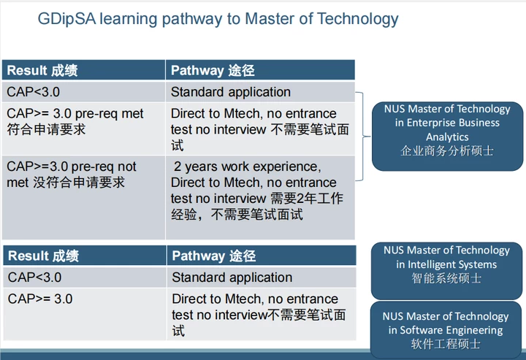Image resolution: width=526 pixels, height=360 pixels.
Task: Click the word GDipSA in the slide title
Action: (66, 19)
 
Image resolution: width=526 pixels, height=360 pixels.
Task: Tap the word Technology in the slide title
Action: (357, 19)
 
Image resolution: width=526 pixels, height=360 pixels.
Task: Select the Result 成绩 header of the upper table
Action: (42, 70)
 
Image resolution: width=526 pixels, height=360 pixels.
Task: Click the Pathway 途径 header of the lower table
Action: (213, 256)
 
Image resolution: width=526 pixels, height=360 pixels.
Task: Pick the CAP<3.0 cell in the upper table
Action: (33, 92)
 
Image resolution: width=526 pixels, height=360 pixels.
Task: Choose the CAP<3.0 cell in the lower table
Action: (34, 277)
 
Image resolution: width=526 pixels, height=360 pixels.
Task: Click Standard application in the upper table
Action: (230, 92)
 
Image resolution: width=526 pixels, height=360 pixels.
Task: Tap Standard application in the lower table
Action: (232, 277)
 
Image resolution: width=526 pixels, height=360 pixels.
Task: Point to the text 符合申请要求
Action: (46, 129)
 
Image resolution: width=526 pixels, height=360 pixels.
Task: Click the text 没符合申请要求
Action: (79, 183)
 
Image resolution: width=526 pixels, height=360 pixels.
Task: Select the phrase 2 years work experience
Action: (247, 166)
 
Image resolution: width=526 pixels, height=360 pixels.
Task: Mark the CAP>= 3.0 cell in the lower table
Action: (40, 299)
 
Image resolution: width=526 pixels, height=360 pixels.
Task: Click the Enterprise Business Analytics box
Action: (447, 137)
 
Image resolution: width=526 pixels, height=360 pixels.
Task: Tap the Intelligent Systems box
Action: (446, 270)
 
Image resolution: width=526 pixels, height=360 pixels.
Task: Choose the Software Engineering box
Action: (446, 330)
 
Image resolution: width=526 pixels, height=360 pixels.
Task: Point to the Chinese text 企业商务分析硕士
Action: (447, 151)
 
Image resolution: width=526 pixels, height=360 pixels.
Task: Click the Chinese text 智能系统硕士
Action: (446, 278)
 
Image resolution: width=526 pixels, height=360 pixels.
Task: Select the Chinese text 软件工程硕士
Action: (446, 344)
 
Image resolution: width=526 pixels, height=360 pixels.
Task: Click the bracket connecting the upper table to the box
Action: (362, 137)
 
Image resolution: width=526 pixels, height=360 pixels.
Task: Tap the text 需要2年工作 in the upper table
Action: (307, 199)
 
